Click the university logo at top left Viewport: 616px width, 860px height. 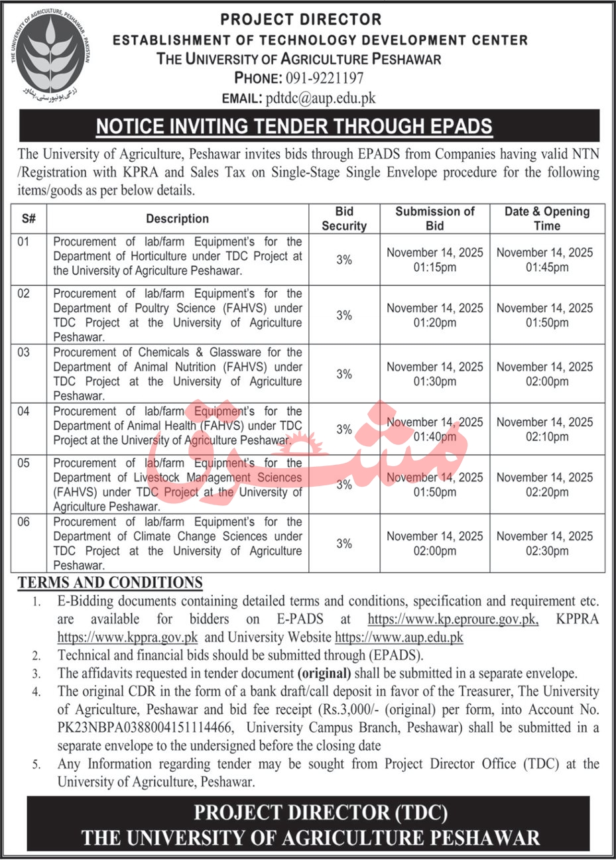(x=52, y=52)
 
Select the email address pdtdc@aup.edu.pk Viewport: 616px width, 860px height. (x=320, y=97)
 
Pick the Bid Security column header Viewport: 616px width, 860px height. (x=344, y=219)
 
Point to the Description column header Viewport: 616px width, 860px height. (x=177, y=219)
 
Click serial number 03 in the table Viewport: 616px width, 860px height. (x=24, y=353)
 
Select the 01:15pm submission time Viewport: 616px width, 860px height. (x=435, y=267)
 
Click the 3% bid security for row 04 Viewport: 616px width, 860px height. (x=344, y=430)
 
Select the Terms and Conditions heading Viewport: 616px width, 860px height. (x=110, y=583)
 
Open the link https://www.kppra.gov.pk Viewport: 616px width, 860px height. (x=128, y=638)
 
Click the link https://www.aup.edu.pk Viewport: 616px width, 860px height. (x=399, y=638)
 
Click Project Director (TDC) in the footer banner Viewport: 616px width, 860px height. (x=320, y=812)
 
